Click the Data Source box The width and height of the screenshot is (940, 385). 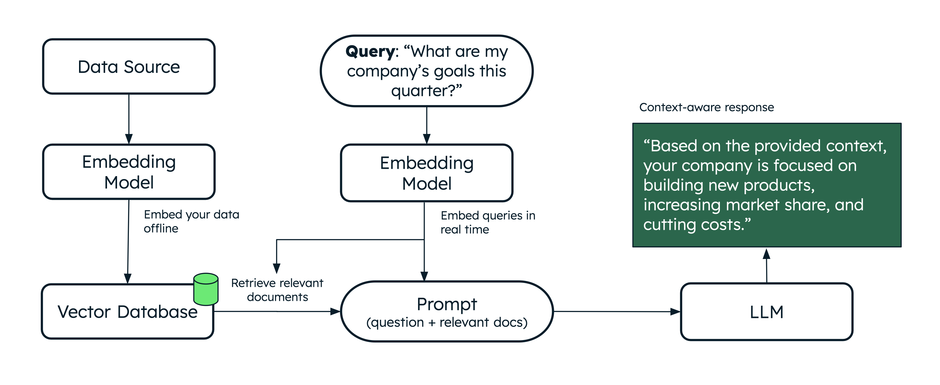pos(129,67)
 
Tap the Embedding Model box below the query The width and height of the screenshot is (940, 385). pos(427,173)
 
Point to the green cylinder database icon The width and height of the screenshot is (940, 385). pos(206,289)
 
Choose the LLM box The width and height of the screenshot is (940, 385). pos(767,312)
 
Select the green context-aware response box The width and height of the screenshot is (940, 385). pos(767,185)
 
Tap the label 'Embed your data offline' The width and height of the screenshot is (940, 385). pos(191,221)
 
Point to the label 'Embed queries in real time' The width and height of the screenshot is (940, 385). pos(488,222)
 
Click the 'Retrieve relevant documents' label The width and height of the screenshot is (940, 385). pos(277,290)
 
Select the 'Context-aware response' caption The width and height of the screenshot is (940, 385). pos(707,107)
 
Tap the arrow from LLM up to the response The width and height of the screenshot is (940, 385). pos(766,266)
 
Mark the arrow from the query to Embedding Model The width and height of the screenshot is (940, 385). pos(427,125)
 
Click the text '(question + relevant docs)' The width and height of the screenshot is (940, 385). pos(447,322)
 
